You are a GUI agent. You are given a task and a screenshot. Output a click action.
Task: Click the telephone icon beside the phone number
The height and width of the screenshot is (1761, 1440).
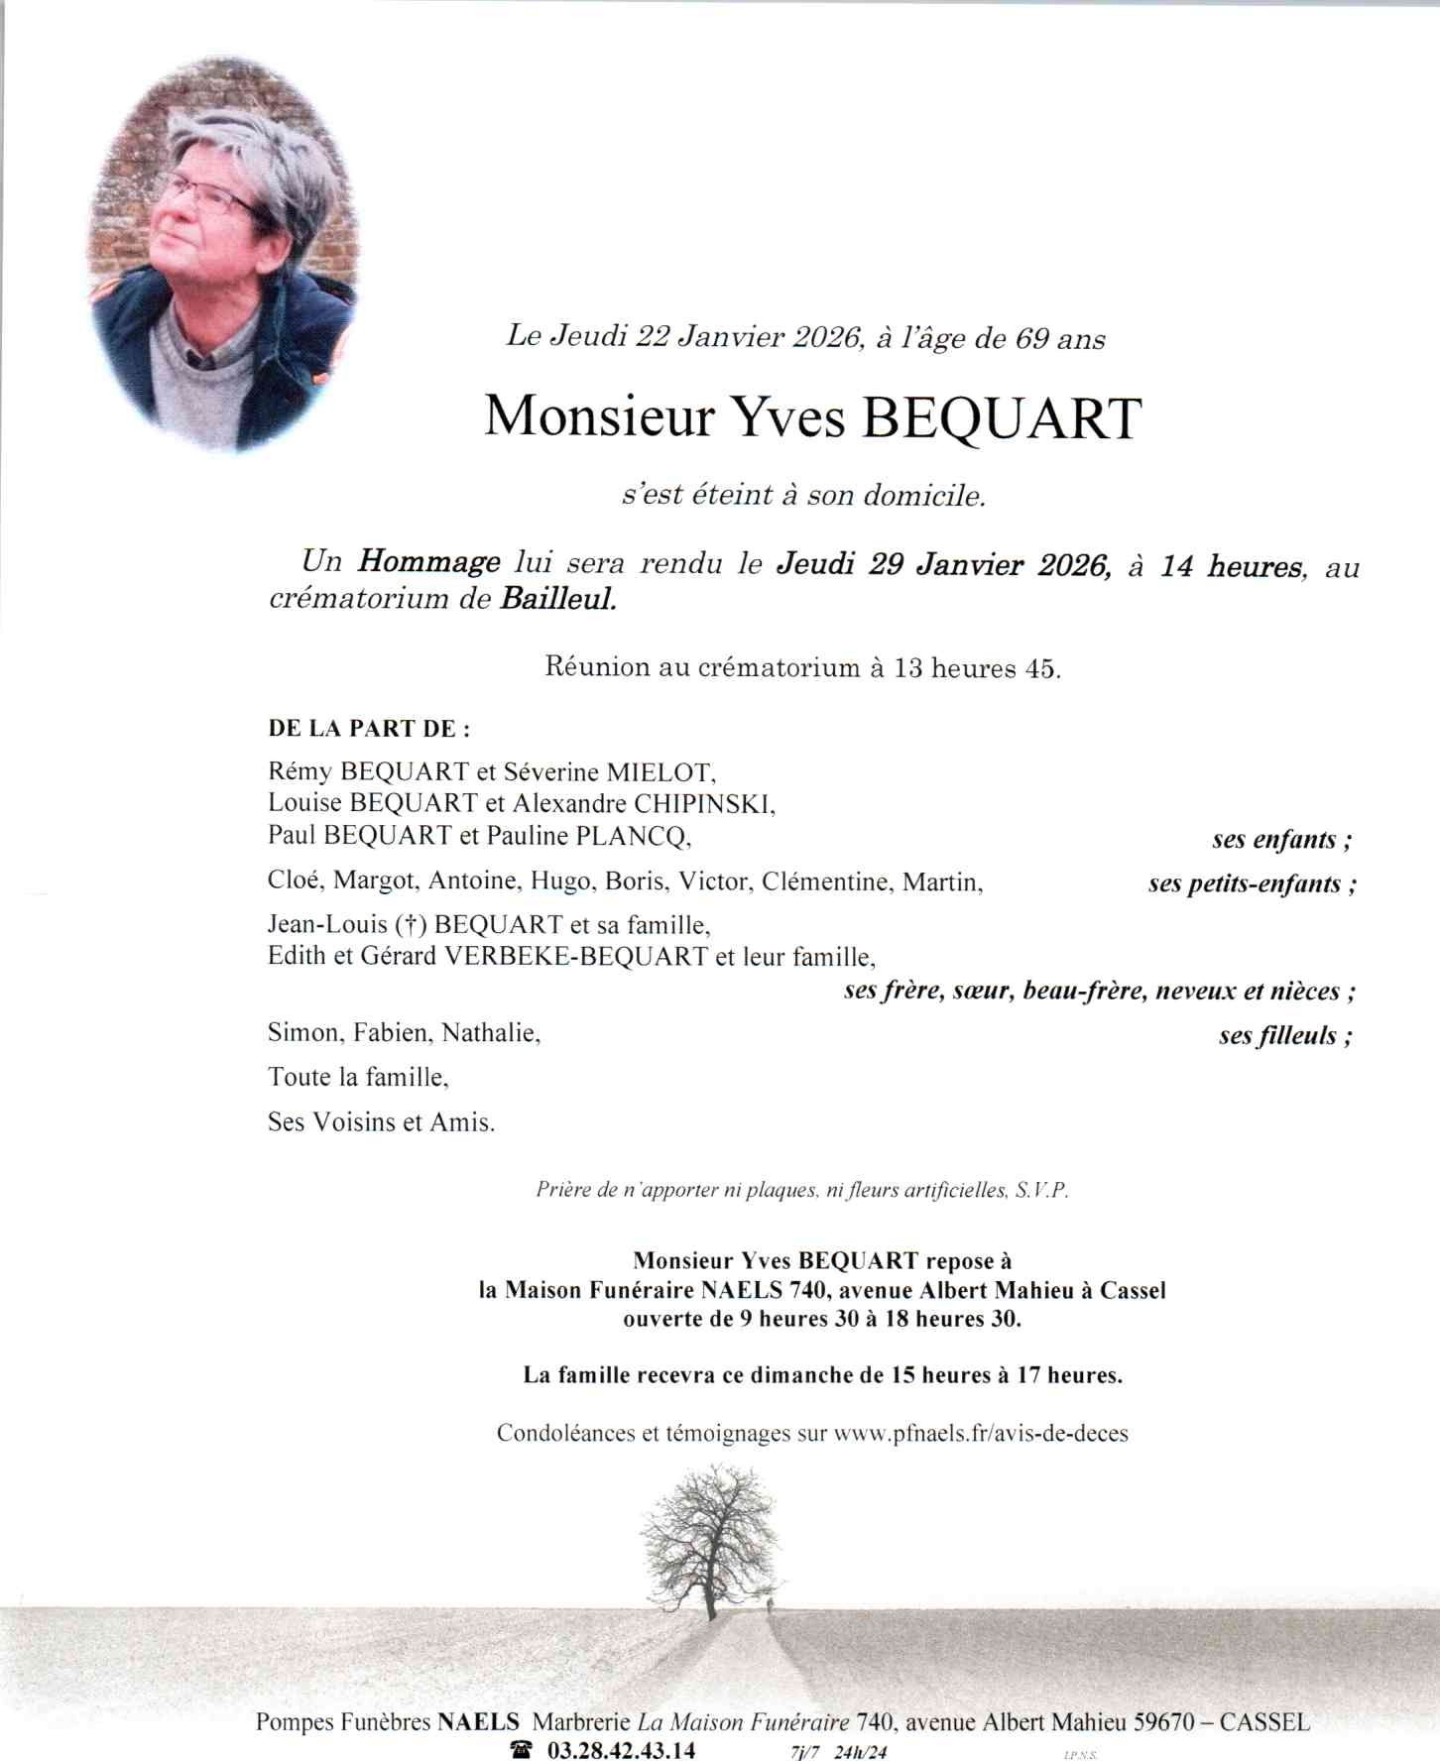(x=522, y=1749)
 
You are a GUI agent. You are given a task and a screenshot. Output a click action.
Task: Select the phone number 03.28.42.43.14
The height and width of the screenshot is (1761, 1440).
(x=621, y=1749)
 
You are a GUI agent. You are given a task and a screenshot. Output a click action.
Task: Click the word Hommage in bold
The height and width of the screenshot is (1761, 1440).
(x=428, y=562)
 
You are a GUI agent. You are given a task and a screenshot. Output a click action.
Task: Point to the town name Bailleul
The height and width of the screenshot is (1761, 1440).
(x=558, y=599)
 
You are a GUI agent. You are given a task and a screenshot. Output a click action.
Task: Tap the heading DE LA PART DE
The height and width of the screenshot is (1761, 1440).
(x=369, y=729)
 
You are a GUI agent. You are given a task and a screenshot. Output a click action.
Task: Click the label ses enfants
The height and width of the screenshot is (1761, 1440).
(x=1280, y=840)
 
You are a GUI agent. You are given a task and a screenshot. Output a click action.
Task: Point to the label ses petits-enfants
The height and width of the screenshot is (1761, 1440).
(x=1252, y=883)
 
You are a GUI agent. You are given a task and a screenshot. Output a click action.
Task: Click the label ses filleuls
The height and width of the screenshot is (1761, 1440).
(x=1285, y=1036)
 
